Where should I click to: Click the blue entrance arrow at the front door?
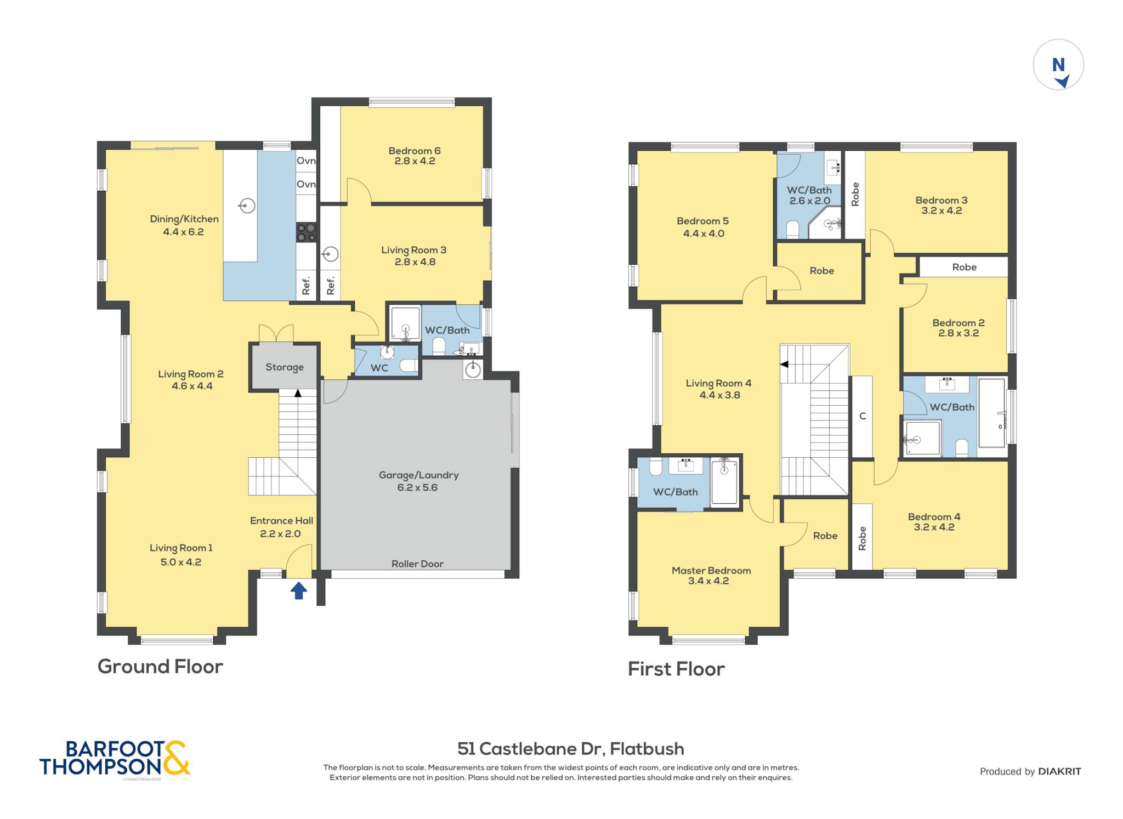pyautogui.click(x=298, y=590)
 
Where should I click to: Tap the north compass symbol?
pyautogui.click(x=1058, y=65)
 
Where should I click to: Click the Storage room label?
pyautogui.click(x=285, y=367)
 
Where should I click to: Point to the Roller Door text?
pyautogui.click(x=417, y=564)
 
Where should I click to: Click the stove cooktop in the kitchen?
pyautogui.click(x=307, y=232)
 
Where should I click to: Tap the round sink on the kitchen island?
pyautogui.click(x=248, y=206)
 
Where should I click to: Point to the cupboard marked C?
pyautogui.click(x=862, y=416)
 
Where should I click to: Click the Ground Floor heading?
pyautogui.click(x=160, y=667)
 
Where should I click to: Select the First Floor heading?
pyautogui.click(x=676, y=669)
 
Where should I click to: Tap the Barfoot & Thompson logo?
pyautogui.click(x=115, y=759)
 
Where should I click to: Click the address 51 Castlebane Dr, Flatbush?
pyautogui.click(x=571, y=749)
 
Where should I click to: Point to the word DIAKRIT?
pyautogui.click(x=1059, y=771)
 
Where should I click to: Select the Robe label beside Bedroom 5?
pyautogui.click(x=821, y=271)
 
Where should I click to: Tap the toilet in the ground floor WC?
pyautogui.click(x=407, y=366)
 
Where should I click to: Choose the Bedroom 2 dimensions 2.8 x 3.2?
pyautogui.click(x=958, y=333)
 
